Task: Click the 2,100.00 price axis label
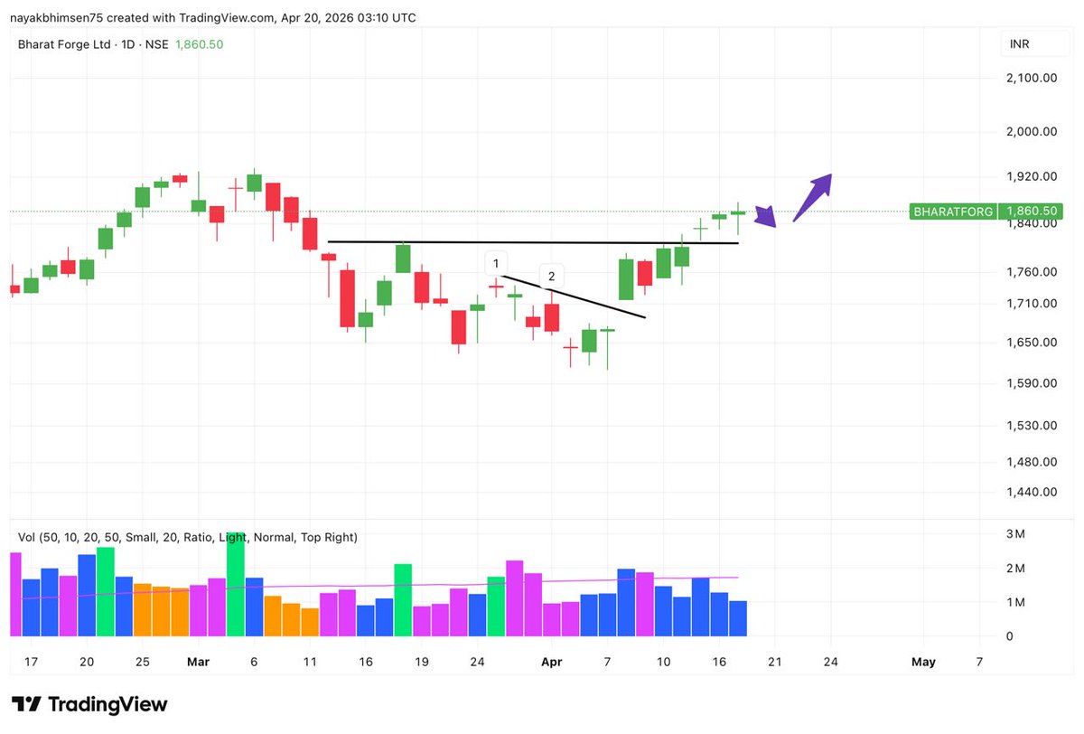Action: (1032, 78)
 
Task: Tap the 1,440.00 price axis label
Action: (1032, 492)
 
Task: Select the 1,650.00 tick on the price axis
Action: (1032, 343)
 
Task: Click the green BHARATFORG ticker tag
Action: (953, 212)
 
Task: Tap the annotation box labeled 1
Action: (495, 264)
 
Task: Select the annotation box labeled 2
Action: (552, 276)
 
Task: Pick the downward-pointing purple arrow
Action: (765, 217)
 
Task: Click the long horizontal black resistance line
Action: (533, 242)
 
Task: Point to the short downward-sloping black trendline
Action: (578, 297)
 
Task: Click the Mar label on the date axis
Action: (198, 662)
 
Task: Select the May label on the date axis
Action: (923, 662)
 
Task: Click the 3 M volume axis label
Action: (1015, 534)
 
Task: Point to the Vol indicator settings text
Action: (188, 537)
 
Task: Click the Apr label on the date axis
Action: (551, 662)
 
